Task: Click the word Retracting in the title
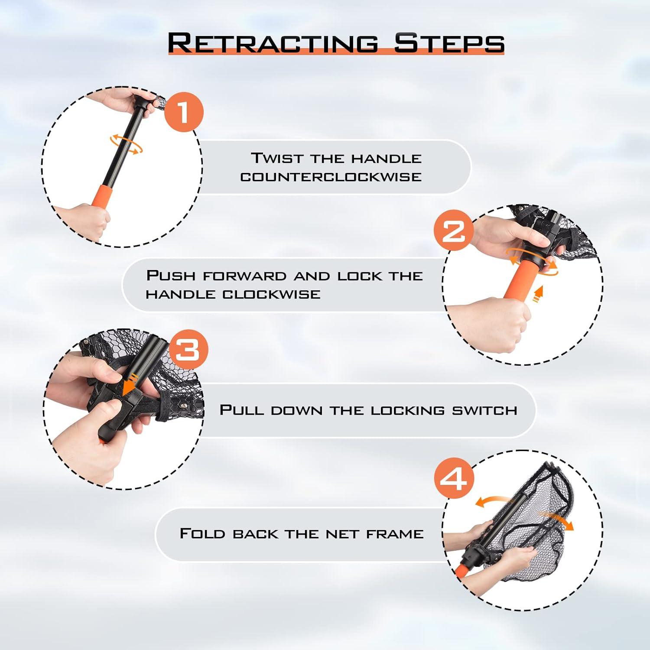(273, 43)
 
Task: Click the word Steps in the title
(449, 43)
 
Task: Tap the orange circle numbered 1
(184, 112)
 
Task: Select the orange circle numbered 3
(188, 349)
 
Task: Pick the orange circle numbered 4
(454, 479)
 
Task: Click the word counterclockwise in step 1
(331, 177)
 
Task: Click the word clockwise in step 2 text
(271, 294)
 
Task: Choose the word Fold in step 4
(202, 533)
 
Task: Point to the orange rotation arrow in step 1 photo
(126, 144)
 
